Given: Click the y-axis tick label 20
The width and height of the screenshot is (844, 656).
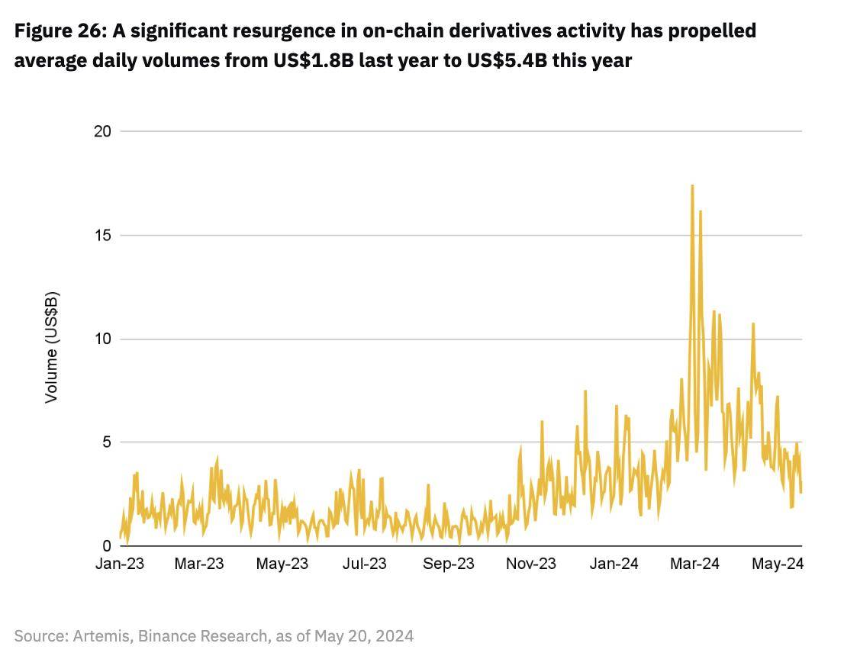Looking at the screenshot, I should [102, 131].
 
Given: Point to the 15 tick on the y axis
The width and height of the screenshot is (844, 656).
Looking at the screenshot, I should [102, 235].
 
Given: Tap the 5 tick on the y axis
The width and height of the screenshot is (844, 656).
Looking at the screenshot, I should [107, 442].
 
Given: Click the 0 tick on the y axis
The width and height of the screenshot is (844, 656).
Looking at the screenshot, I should [107, 546].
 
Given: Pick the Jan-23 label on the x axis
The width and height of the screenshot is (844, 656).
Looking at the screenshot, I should [120, 564].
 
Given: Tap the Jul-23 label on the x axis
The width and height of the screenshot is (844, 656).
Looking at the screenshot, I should [365, 564].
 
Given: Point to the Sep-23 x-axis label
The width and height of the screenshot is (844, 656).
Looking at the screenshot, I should [449, 564].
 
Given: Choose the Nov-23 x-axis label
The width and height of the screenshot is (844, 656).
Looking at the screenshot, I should [532, 564].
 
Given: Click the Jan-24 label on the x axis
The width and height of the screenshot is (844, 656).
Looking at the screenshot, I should [614, 564].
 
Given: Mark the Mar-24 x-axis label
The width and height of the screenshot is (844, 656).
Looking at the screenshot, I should [695, 564].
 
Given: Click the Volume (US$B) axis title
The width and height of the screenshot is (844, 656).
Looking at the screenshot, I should [51, 347].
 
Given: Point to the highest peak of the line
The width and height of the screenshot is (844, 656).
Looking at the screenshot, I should [692, 185].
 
